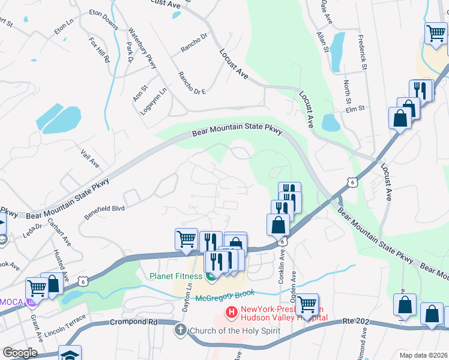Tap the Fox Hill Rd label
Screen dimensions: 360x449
click(x=100, y=50)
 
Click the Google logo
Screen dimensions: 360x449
click(x=20, y=353)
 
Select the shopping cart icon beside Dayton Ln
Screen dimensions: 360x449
click(x=186, y=239)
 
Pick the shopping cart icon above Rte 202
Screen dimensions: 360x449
click(x=307, y=304)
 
